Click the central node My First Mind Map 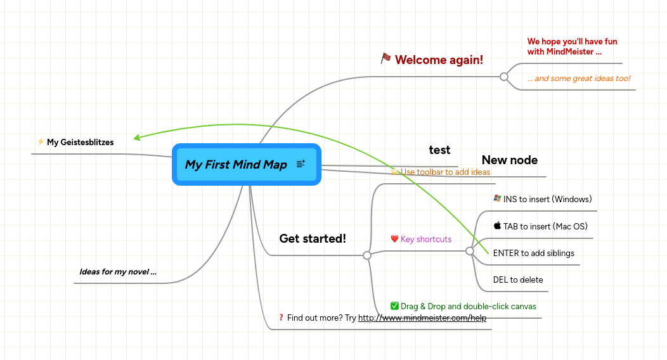click(236, 165)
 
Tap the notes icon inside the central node click(301, 164)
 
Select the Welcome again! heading click(439, 60)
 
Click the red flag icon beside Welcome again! click(385, 58)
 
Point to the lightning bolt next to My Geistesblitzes click(41, 142)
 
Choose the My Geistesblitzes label click(81, 142)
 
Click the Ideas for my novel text click(118, 272)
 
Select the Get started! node click(313, 238)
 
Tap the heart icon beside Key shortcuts click(394, 239)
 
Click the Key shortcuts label click(426, 239)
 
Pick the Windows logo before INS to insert click(497, 198)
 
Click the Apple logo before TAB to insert click(497, 226)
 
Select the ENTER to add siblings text click(534, 253)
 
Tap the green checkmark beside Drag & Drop click(394, 306)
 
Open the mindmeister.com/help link click(422, 318)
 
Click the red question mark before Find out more click(281, 318)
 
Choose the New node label click(510, 160)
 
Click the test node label click(439, 150)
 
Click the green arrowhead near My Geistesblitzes click(137, 137)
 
